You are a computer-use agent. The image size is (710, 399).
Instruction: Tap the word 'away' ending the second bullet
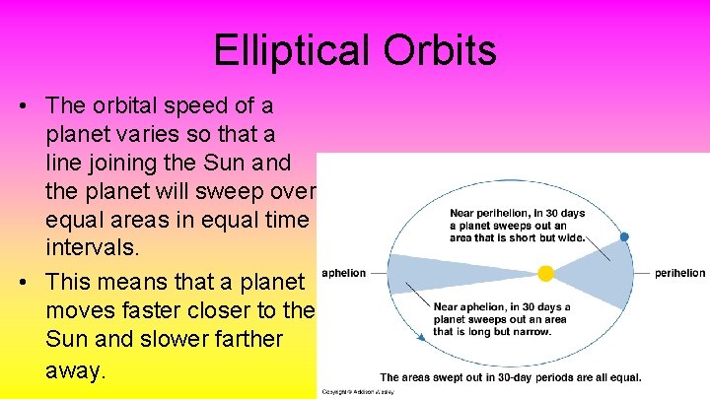75,370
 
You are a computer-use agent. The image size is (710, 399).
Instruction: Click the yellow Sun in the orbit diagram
545,273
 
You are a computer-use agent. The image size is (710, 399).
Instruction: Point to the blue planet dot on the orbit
623,237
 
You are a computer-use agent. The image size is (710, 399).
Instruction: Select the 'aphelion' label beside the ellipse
344,273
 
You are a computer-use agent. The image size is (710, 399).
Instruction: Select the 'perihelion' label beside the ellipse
679,273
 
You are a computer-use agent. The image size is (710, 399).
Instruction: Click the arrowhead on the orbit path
423,337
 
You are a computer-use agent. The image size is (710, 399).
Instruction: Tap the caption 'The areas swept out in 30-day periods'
511,377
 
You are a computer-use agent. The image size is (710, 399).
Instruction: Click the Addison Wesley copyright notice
351,392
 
